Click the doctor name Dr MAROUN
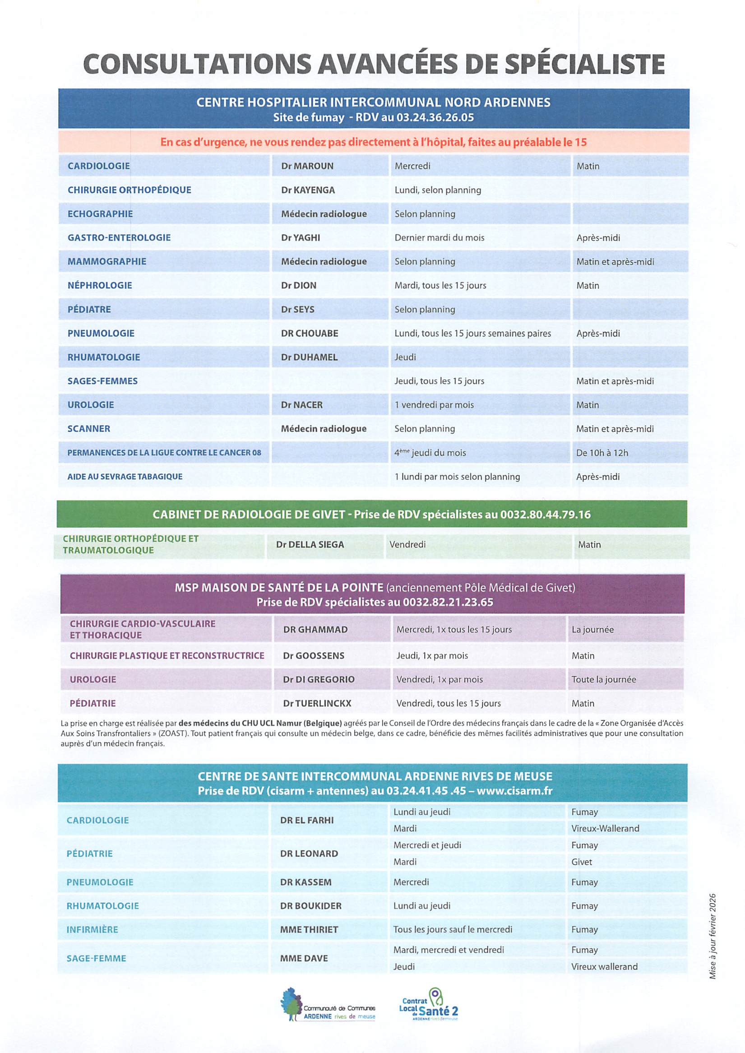pos(307,166)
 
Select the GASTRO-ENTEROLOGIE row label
pos(119,238)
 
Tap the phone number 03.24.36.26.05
pos(435,117)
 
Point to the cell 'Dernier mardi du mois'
pos(439,238)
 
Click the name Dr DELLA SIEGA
pos(310,545)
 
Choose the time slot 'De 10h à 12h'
pos(602,453)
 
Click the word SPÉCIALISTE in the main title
pos(584,64)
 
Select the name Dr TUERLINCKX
pos(316,703)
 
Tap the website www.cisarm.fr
pos(514,791)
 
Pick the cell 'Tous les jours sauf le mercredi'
pos(452,930)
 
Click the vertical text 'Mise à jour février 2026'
pos(713,936)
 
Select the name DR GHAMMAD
pos(315,630)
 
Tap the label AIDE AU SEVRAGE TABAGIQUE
pos(125,477)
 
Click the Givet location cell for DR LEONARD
pos(581,862)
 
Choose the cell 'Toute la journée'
pos(603,680)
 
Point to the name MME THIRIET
pos(309,930)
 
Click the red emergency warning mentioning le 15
pos(373,142)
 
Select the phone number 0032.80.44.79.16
pos(545,515)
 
